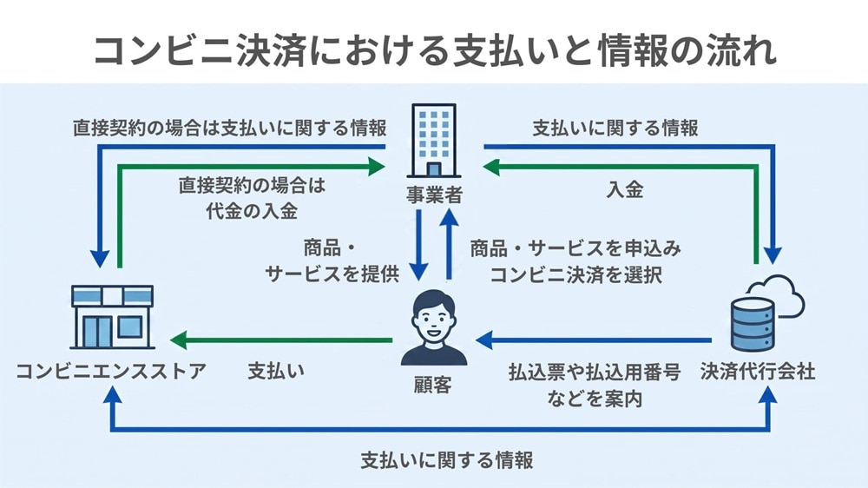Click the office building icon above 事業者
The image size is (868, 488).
click(434, 140)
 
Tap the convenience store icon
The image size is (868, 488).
click(112, 317)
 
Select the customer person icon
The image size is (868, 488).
click(433, 327)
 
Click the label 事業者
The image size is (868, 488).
click(434, 195)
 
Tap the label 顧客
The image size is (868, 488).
click(433, 385)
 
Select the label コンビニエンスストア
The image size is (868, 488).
click(111, 371)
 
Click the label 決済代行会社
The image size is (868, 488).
click(757, 371)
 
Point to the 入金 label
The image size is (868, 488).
click(625, 190)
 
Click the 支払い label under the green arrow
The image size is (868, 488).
click(276, 371)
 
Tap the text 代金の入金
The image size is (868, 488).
click(252, 211)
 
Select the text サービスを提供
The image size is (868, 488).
click(332, 274)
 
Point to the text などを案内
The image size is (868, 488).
click(595, 399)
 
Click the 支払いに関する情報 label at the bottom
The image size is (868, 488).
click(447, 460)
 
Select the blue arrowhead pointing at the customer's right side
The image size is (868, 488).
click(485, 340)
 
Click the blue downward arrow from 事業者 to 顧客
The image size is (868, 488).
click(418, 245)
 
